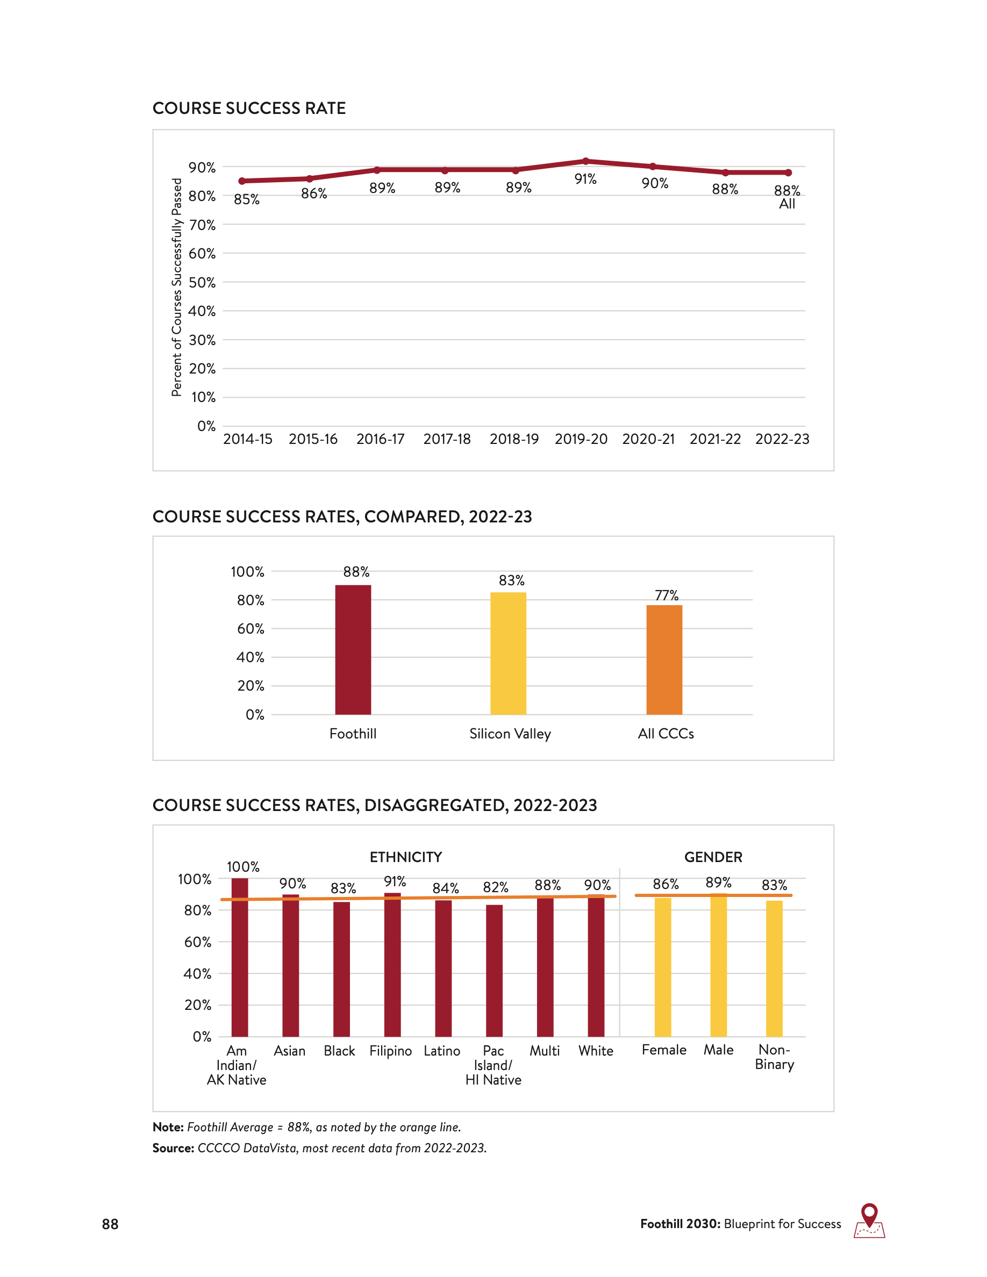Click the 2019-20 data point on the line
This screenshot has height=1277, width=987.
pos(585,161)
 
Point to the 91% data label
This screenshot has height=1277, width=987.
pos(585,179)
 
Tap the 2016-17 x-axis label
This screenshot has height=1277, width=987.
pos(380,439)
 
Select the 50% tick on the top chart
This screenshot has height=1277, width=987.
pos(202,282)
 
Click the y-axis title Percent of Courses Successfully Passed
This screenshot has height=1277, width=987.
pos(176,287)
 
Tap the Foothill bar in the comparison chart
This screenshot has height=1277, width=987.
pos(353,650)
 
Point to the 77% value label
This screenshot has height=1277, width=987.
pos(667,595)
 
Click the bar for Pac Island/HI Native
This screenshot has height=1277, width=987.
pos(494,971)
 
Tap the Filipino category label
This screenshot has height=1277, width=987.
pos(391,1051)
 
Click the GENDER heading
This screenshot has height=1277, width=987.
pos(713,857)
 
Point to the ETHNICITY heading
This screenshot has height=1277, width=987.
pos(406,857)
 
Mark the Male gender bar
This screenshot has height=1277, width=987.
pos(719,965)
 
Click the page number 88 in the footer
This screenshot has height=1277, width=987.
pos(110,1224)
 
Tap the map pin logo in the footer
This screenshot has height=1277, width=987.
pos(869,1220)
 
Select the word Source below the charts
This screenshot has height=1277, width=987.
pos(173,1148)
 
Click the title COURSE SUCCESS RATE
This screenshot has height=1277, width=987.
pos(249,108)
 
